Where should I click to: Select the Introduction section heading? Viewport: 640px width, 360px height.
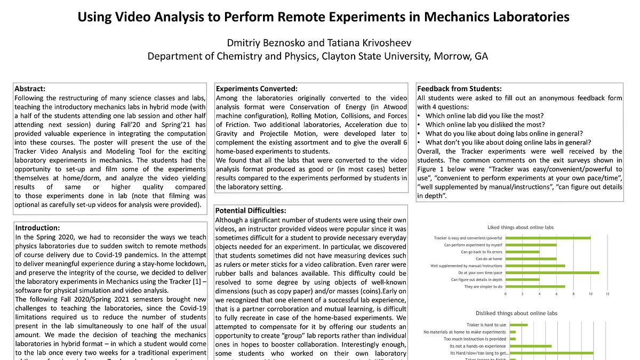(37, 228)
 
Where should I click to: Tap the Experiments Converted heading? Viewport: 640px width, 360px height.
(257, 89)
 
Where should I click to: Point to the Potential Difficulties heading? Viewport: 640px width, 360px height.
(251, 211)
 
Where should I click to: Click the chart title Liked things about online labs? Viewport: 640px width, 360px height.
(521, 227)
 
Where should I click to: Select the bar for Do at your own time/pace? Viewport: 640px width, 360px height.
(551, 273)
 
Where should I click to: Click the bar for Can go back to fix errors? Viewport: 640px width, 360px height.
(522, 252)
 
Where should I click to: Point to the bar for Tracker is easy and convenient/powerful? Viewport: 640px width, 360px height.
(548, 238)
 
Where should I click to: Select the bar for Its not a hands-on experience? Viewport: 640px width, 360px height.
(531, 346)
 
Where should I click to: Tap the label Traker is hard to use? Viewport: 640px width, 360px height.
(485, 325)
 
